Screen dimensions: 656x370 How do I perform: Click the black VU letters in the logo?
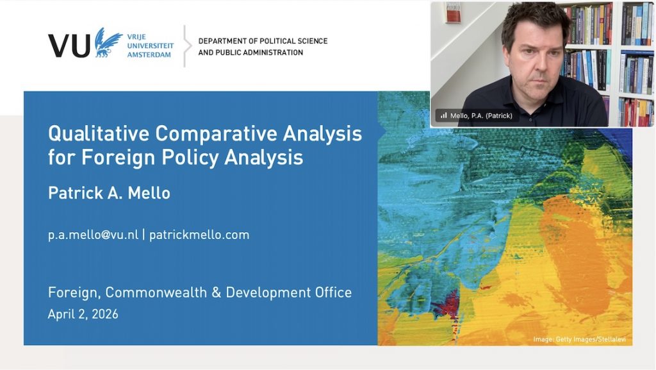point(69,45)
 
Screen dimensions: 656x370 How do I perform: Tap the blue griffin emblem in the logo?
point(108,42)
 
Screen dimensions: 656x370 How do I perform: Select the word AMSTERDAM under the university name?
point(149,55)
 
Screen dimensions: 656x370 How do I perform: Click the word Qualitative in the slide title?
point(99,134)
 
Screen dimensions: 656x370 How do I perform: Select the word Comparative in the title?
point(216,134)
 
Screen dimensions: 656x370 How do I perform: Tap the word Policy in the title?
point(190,158)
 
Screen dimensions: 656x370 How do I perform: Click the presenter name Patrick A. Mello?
point(109,193)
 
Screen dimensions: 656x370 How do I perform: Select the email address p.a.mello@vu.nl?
point(93,235)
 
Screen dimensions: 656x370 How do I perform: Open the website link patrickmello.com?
point(199,235)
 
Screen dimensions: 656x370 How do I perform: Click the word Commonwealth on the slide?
point(156,292)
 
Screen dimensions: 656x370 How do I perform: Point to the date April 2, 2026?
point(83,314)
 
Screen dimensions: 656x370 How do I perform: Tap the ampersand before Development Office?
point(217,292)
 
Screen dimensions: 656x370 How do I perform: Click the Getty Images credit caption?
point(579,339)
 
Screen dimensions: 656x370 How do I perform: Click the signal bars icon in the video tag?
point(444,115)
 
